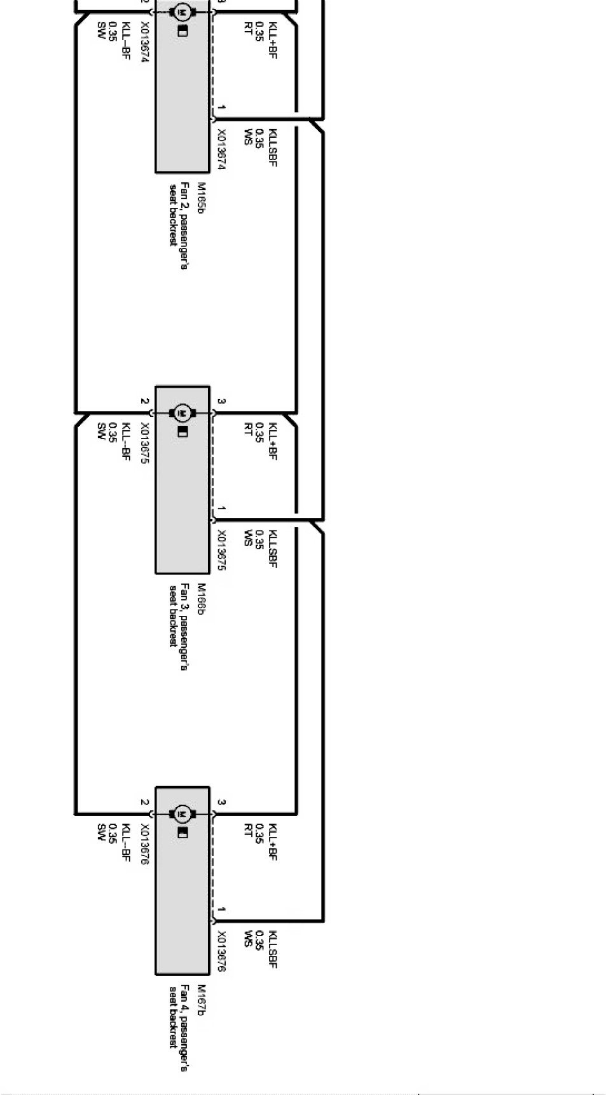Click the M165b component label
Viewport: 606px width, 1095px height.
click(x=200, y=198)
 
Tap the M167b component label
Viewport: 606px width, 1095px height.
click(x=200, y=1000)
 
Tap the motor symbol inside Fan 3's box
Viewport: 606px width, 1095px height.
click(x=182, y=413)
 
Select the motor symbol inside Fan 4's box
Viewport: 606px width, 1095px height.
click(x=182, y=814)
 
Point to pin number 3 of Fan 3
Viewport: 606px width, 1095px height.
click(x=221, y=402)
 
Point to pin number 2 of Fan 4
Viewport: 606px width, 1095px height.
click(x=145, y=803)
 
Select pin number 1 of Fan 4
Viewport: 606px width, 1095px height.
click(x=221, y=909)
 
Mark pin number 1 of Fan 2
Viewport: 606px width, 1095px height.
click(x=221, y=107)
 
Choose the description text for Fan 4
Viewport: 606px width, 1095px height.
click(x=178, y=1026)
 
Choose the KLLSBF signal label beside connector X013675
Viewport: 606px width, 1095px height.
click(x=272, y=548)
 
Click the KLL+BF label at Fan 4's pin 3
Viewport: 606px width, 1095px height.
click(x=272, y=841)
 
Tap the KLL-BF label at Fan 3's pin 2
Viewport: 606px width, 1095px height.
click(x=125, y=440)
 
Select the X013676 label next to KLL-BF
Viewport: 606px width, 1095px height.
click(x=145, y=844)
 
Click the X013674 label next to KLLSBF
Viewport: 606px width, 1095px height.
click(x=221, y=149)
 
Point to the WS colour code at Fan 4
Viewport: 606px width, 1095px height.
click(x=247, y=939)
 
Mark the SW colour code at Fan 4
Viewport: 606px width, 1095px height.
click(x=100, y=831)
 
